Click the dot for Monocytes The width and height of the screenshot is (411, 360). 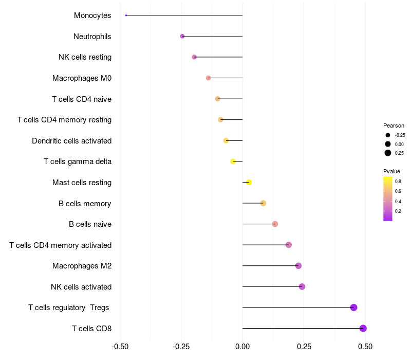point(126,15)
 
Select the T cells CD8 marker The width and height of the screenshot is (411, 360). point(363,328)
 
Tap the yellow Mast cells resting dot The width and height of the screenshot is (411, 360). point(249,183)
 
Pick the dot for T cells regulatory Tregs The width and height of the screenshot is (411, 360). point(353,307)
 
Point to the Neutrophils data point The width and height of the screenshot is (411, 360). point(182,36)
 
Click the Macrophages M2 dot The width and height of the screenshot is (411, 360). point(298,266)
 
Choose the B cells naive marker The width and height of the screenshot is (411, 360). point(275,224)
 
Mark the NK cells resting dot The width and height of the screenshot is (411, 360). point(194,57)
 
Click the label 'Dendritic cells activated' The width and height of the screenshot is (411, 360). point(72,141)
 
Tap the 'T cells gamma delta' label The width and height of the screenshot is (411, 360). point(78,161)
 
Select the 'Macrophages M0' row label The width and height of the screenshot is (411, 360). point(82,78)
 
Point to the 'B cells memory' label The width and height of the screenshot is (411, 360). point(85,204)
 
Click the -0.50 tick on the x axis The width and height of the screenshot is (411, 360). point(120,347)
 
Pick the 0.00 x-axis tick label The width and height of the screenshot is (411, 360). point(242,347)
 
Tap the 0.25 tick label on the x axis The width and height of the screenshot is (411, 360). point(304,347)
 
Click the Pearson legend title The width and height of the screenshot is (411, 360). point(394,125)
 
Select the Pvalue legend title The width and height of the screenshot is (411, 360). point(391,171)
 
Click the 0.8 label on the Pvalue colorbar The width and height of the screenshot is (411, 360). point(398,182)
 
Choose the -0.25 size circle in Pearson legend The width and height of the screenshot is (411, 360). point(388,135)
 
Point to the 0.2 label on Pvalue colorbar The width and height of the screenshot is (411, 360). point(398,211)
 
